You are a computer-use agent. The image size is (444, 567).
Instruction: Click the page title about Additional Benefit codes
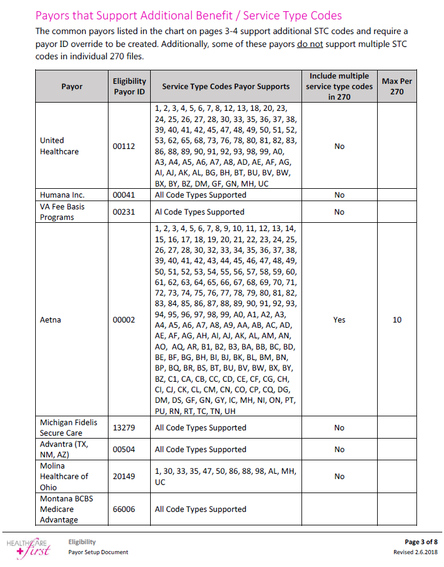(188, 15)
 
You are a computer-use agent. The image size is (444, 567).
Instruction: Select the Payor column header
(72, 86)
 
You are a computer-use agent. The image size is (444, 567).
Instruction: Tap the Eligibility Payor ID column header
(129, 86)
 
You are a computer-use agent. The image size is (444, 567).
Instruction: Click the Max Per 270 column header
(396, 86)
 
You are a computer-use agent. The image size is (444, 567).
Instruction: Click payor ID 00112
(124, 146)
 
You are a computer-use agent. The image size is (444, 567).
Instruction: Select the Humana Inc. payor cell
(62, 195)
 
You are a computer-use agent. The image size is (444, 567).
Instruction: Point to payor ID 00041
(124, 195)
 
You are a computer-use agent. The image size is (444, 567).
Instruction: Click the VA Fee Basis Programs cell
(57, 212)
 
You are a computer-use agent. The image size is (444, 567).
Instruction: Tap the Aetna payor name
(50, 320)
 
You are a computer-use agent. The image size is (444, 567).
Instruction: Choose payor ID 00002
(124, 320)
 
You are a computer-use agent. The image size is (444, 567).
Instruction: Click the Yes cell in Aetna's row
(339, 320)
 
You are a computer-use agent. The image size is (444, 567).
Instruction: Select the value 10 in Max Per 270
(397, 320)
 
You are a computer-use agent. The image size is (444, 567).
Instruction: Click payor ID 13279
(124, 427)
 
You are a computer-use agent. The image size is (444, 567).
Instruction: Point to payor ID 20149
(124, 476)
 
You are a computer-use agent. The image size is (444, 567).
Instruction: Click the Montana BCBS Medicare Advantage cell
(66, 509)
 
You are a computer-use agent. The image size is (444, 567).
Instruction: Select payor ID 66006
(124, 509)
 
